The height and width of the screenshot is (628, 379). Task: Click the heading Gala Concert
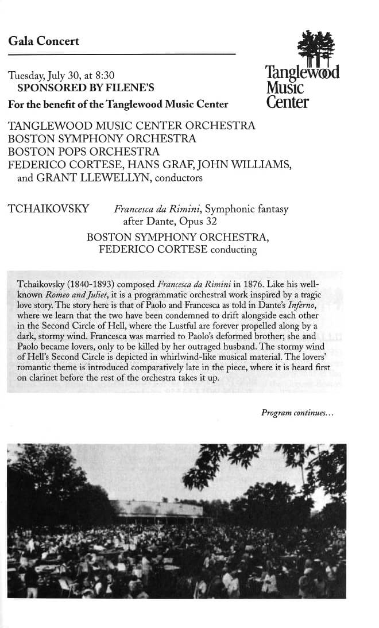[44, 41]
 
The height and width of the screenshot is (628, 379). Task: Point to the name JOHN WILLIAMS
[248, 165]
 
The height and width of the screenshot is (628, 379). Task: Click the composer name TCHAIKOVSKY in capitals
[49, 209]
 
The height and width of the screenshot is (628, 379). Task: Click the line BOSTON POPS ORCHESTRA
[84, 152]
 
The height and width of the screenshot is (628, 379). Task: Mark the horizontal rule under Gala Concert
[122, 55]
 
